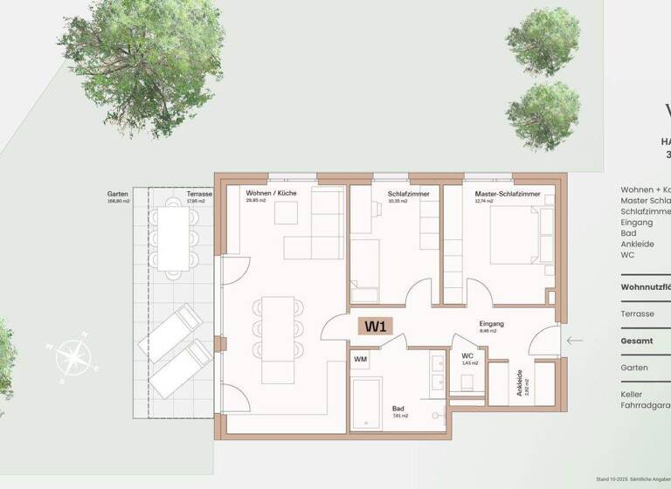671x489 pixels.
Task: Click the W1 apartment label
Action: point(377,327)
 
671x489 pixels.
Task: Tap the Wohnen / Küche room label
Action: point(270,193)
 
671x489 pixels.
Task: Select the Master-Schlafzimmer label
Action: point(508,193)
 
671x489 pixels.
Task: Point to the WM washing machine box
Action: point(360,359)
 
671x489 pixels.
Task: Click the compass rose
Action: point(73,355)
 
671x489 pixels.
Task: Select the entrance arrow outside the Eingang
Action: point(574,341)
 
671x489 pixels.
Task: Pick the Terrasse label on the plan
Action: point(199,193)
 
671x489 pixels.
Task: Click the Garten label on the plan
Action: point(118,193)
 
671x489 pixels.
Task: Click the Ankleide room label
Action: point(520,382)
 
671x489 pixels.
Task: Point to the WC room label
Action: point(467,355)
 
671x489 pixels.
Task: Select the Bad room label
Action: point(398,409)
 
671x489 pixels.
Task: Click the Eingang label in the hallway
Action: point(492,324)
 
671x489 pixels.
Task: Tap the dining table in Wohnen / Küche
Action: point(278,326)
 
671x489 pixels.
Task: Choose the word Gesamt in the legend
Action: point(635,341)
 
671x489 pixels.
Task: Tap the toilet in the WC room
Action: point(467,382)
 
